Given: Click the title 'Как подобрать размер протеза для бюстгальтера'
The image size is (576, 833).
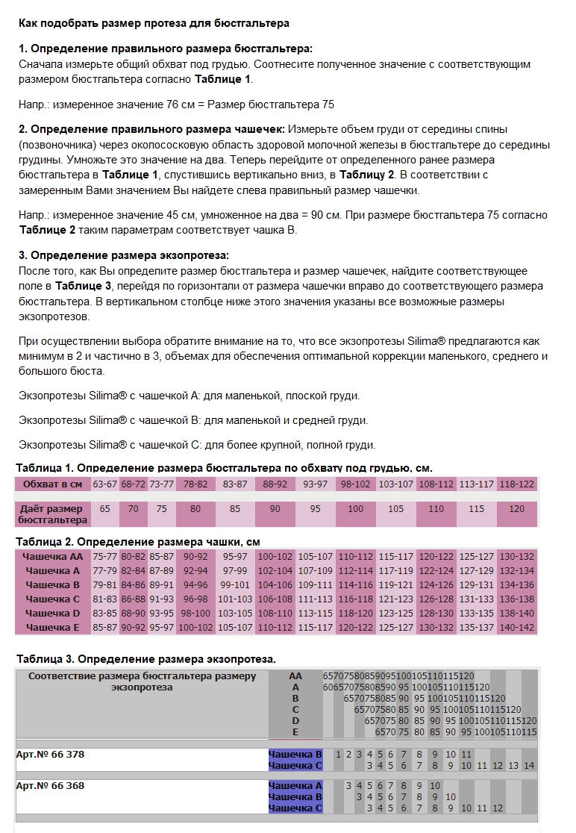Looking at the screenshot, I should point(154,24).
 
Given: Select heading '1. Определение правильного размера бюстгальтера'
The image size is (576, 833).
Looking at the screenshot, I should point(165,49).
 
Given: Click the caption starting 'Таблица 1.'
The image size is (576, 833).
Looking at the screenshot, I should point(224,468).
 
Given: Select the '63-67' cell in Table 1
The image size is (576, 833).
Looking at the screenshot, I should point(105,484).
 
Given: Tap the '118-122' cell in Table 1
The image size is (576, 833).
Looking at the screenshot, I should point(517,484).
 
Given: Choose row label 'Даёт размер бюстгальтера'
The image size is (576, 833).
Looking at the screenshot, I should point(53,514).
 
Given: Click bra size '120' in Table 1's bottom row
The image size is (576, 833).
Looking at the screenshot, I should point(517,509).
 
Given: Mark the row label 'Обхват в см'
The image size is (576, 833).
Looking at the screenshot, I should point(53,484).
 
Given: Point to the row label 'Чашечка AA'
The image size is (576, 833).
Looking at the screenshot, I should point(53,557).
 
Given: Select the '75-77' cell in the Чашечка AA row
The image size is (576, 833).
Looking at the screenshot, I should point(105,557).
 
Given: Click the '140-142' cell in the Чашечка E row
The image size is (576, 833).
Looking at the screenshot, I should point(517,628).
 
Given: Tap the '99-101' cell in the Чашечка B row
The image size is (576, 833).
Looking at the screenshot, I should point(236,585).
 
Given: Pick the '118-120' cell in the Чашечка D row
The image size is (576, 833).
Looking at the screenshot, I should point(356,614).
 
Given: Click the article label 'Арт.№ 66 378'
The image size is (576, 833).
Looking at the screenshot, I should point(51,755).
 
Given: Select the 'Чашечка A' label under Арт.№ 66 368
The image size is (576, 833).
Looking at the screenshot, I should point(295,786).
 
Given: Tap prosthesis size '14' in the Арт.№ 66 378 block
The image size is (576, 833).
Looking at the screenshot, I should point(529,766).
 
